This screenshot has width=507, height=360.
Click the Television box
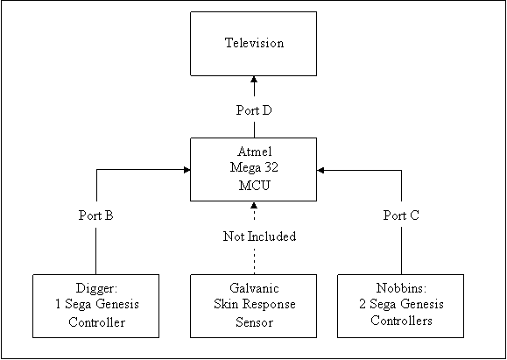[254, 44]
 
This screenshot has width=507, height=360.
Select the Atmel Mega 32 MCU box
[254, 169]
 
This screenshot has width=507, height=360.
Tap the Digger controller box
[96, 306]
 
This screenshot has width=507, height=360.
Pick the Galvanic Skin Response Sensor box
[254, 306]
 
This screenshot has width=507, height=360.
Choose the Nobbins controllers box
[401, 306]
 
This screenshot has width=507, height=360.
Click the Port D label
[254, 110]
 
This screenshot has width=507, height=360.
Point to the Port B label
[96, 215]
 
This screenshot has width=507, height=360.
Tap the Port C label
[401, 215]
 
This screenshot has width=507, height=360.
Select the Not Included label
[259, 236]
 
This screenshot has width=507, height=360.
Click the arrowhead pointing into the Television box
[254, 79]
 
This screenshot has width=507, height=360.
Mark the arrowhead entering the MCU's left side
[187, 170]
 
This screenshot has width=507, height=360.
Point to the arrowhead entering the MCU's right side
[320, 170]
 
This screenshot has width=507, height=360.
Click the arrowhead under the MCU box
[254, 205]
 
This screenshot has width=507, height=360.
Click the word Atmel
[254, 152]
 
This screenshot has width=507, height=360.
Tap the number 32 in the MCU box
[270, 168]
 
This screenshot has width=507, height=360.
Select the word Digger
[96, 288]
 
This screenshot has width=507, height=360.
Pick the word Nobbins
[401, 288]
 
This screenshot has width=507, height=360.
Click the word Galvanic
[254, 288]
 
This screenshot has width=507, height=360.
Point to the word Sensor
[254, 322]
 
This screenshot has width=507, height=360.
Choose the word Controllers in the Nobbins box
[401, 321]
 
